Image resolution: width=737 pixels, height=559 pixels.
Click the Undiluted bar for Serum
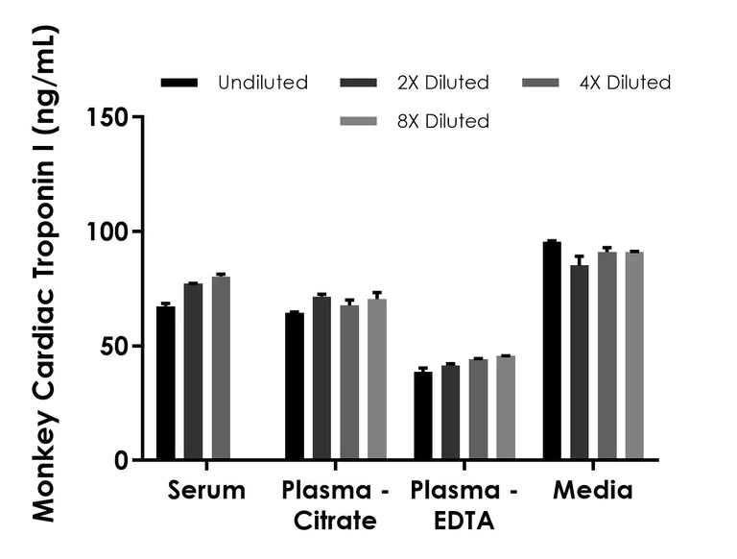pyautogui.click(x=166, y=383)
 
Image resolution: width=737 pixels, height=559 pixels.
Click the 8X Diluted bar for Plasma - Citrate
pyautogui.click(x=377, y=379)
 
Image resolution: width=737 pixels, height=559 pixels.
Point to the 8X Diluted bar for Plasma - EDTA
pyautogui.click(x=506, y=408)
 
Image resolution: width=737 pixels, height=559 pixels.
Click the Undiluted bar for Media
pyautogui.click(x=552, y=351)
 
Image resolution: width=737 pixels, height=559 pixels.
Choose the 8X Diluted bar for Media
pyautogui.click(x=634, y=356)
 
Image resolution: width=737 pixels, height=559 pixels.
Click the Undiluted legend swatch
pyautogui.click(x=179, y=83)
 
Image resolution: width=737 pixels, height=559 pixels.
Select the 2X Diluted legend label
pyautogui.click(x=440, y=83)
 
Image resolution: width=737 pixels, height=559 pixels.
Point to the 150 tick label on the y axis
pyautogui.click(x=107, y=117)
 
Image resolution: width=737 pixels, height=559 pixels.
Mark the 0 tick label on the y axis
pyautogui.click(x=122, y=460)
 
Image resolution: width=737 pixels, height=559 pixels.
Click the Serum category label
pyautogui.click(x=206, y=492)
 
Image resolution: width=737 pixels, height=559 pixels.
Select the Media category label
pyautogui.click(x=592, y=492)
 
